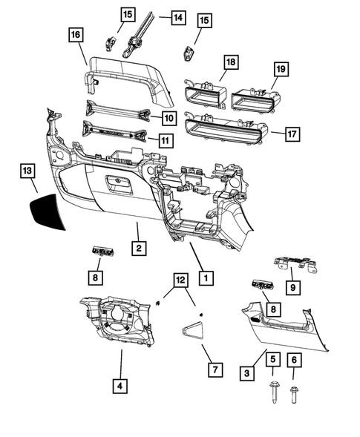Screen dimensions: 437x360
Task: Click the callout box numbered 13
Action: pos(27,171)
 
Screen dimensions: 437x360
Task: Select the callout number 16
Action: pos(76,34)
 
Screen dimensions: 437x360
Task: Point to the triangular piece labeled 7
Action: pos(194,329)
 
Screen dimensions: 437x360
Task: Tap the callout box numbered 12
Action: pos(180,280)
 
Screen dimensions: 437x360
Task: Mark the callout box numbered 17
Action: pos(292,134)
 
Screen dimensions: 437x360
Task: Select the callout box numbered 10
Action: pos(168,117)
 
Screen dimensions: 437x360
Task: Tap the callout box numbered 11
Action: pos(168,139)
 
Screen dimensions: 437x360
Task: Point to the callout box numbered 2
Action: pos(138,247)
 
